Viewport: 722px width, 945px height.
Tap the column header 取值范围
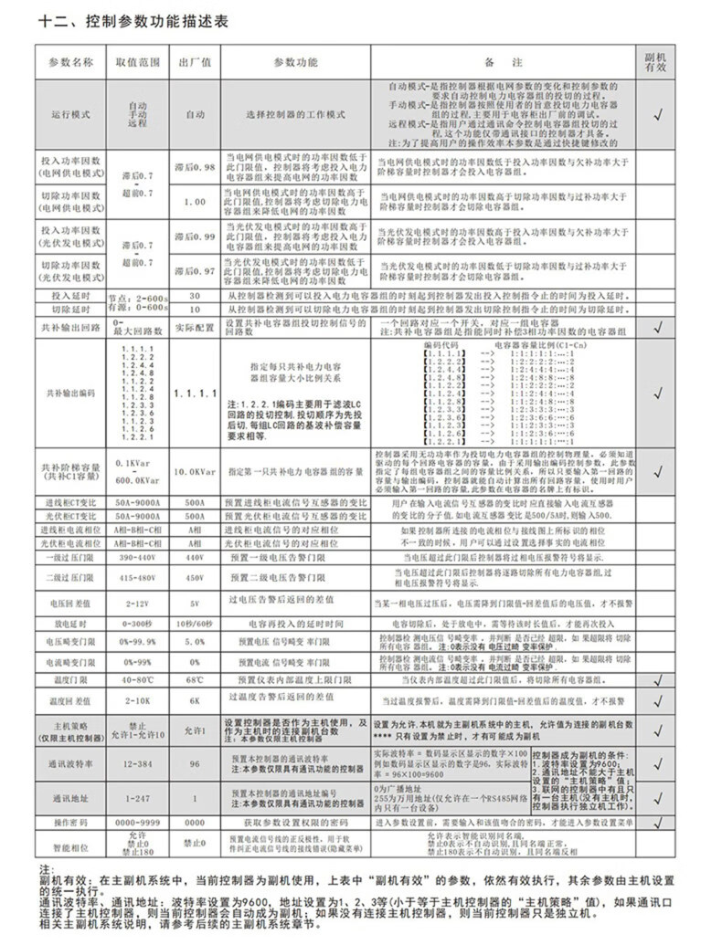pos(138,62)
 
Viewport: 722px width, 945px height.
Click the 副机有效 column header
pos(655,62)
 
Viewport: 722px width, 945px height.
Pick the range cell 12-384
pos(138,762)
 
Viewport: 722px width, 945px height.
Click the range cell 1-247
pos(138,798)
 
